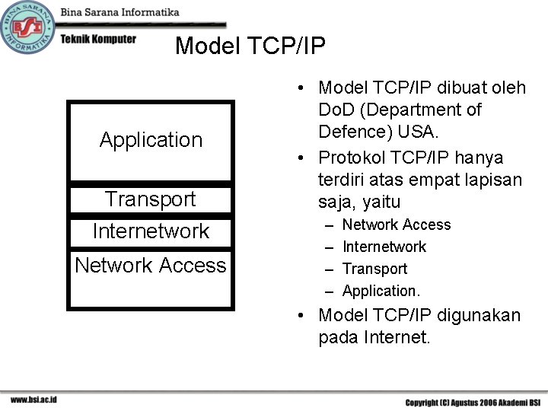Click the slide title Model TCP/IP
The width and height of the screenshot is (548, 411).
250,46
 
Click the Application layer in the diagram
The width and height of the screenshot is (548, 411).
151,140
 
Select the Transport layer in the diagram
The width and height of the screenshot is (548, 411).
151,199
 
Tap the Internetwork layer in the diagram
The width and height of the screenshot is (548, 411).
151,231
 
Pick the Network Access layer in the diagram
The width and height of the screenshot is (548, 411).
151,266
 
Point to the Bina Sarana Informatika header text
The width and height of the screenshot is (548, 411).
119,12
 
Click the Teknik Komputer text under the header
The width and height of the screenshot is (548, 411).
98,39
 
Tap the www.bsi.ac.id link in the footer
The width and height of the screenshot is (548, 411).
33,400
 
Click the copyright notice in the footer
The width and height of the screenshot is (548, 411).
472,402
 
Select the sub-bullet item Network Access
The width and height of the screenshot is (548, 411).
396,225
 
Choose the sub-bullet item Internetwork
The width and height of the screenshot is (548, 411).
384,247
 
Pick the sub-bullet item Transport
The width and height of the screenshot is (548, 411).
374,269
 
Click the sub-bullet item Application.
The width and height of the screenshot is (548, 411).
381,291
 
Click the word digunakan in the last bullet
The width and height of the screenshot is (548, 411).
476,315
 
